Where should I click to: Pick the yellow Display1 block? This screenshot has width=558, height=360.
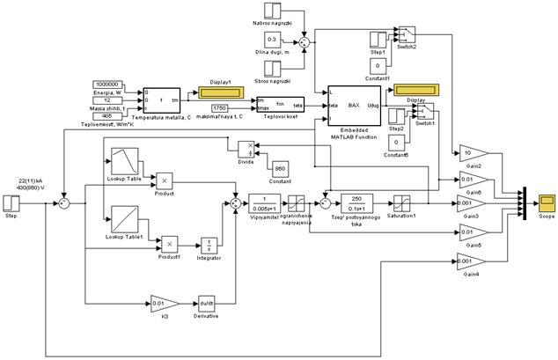(x=217, y=92)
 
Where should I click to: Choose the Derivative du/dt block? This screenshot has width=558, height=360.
(x=207, y=304)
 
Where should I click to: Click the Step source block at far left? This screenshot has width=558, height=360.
(x=11, y=203)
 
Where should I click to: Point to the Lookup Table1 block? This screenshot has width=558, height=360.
(x=121, y=217)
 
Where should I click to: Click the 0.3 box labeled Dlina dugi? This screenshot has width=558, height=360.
(x=272, y=40)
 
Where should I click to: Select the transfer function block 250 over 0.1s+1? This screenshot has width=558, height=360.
(x=356, y=203)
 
